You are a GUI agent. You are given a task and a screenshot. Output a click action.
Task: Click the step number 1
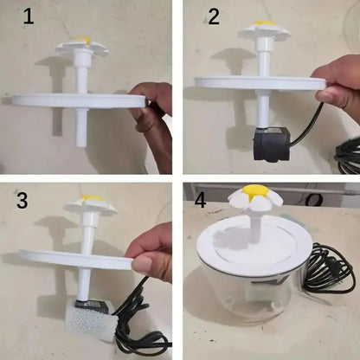tap(29, 18)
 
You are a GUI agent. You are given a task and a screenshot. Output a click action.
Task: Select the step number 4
tap(202, 202)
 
